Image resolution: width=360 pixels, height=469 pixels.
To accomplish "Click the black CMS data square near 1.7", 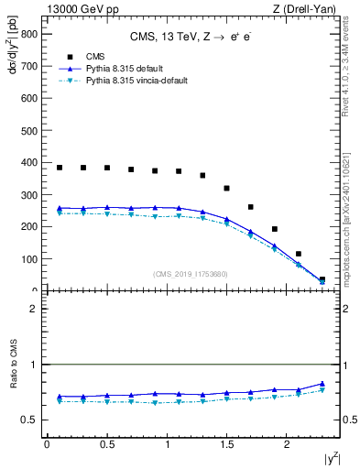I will [250, 207].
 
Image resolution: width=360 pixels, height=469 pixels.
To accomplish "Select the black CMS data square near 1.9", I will [274, 229].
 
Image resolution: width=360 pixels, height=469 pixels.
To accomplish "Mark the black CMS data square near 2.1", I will [298, 254].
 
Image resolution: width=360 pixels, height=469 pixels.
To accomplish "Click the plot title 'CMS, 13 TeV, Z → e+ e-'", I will [191, 38].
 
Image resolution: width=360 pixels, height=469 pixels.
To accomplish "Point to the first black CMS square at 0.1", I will [60, 168].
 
